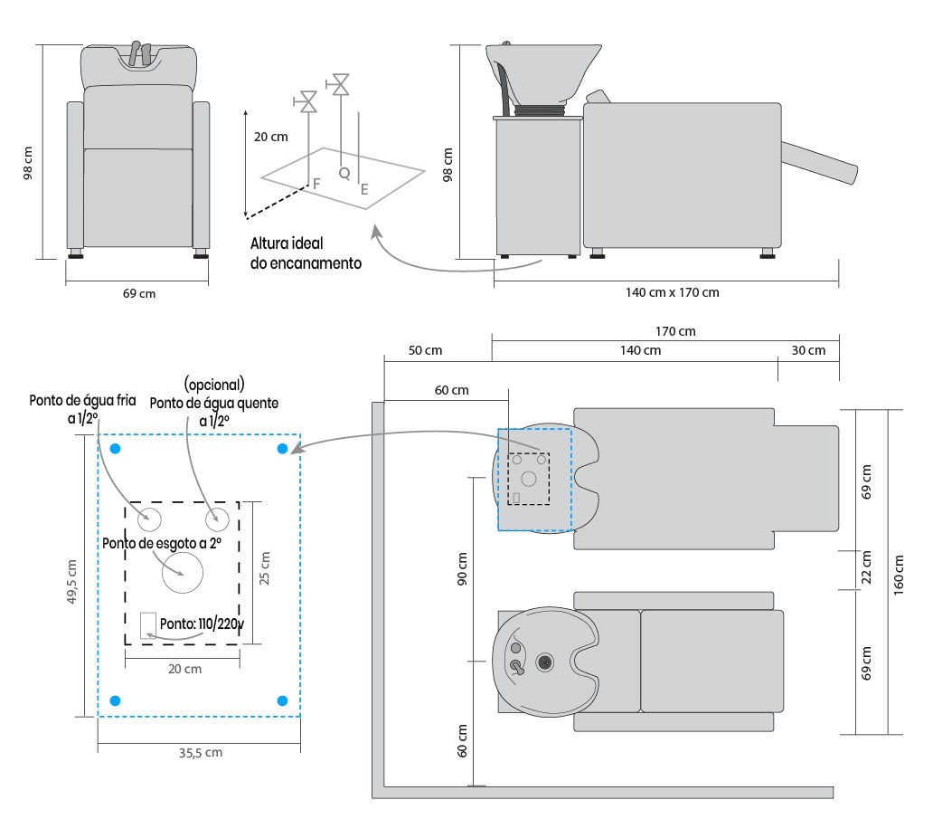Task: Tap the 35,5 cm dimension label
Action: point(198,752)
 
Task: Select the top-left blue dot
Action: point(115,449)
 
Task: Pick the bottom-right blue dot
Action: point(282,700)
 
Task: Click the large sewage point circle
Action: point(183,574)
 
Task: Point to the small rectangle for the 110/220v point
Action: point(147,625)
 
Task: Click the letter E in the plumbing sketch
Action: point(364,189)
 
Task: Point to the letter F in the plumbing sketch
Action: point(316,184)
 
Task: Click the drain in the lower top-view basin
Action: point(545,662)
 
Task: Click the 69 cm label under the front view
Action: point(139,293)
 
